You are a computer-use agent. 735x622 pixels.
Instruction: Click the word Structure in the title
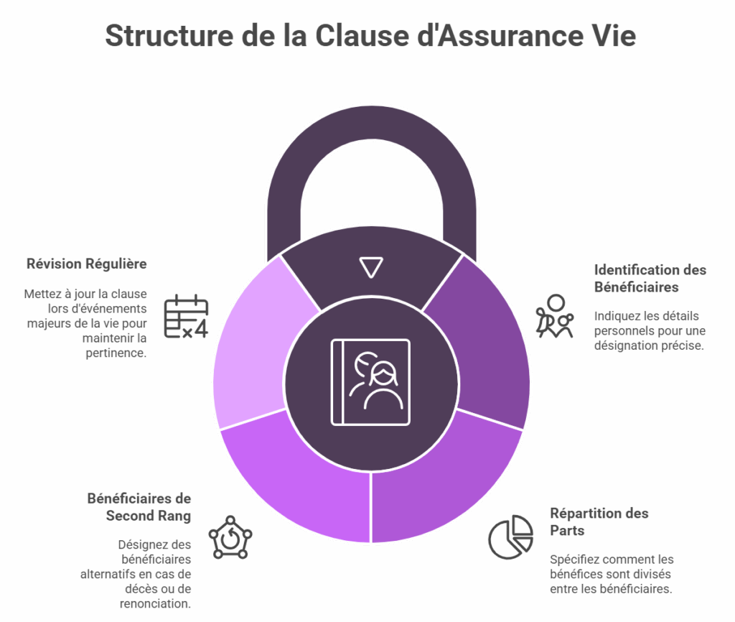click(169, 36)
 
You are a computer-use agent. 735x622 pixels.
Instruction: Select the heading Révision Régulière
click(86, 264)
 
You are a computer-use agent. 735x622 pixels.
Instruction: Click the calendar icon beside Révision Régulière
click(186, 316)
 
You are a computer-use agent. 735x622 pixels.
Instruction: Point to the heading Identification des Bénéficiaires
click(650, 278)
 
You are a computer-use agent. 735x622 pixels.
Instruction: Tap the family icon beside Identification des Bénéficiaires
click(555, 316)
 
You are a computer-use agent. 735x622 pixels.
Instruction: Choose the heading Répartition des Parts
click(599, 521)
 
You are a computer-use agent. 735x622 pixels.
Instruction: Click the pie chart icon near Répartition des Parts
click(510, 537)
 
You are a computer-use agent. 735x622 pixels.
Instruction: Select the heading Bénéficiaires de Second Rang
click(139, 506)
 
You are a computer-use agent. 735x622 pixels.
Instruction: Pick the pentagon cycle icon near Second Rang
click(230, 537)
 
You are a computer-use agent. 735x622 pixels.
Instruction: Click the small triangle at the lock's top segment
click(371, 267)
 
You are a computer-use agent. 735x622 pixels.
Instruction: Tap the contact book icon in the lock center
click(371, 382)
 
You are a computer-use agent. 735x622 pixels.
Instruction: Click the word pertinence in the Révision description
click(116, 353)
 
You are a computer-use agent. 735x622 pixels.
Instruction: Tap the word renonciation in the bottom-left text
click(155, 603)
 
